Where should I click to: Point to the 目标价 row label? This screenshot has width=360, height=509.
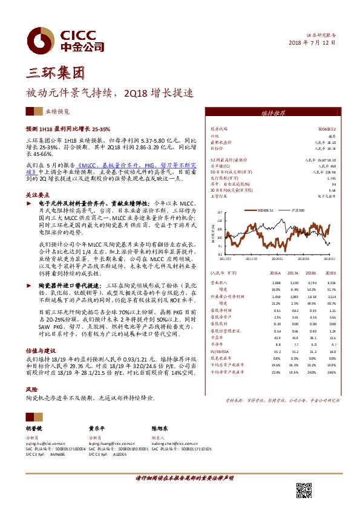click(x=218, y=148)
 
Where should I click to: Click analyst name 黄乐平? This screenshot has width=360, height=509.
click(x=99, y=427)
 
